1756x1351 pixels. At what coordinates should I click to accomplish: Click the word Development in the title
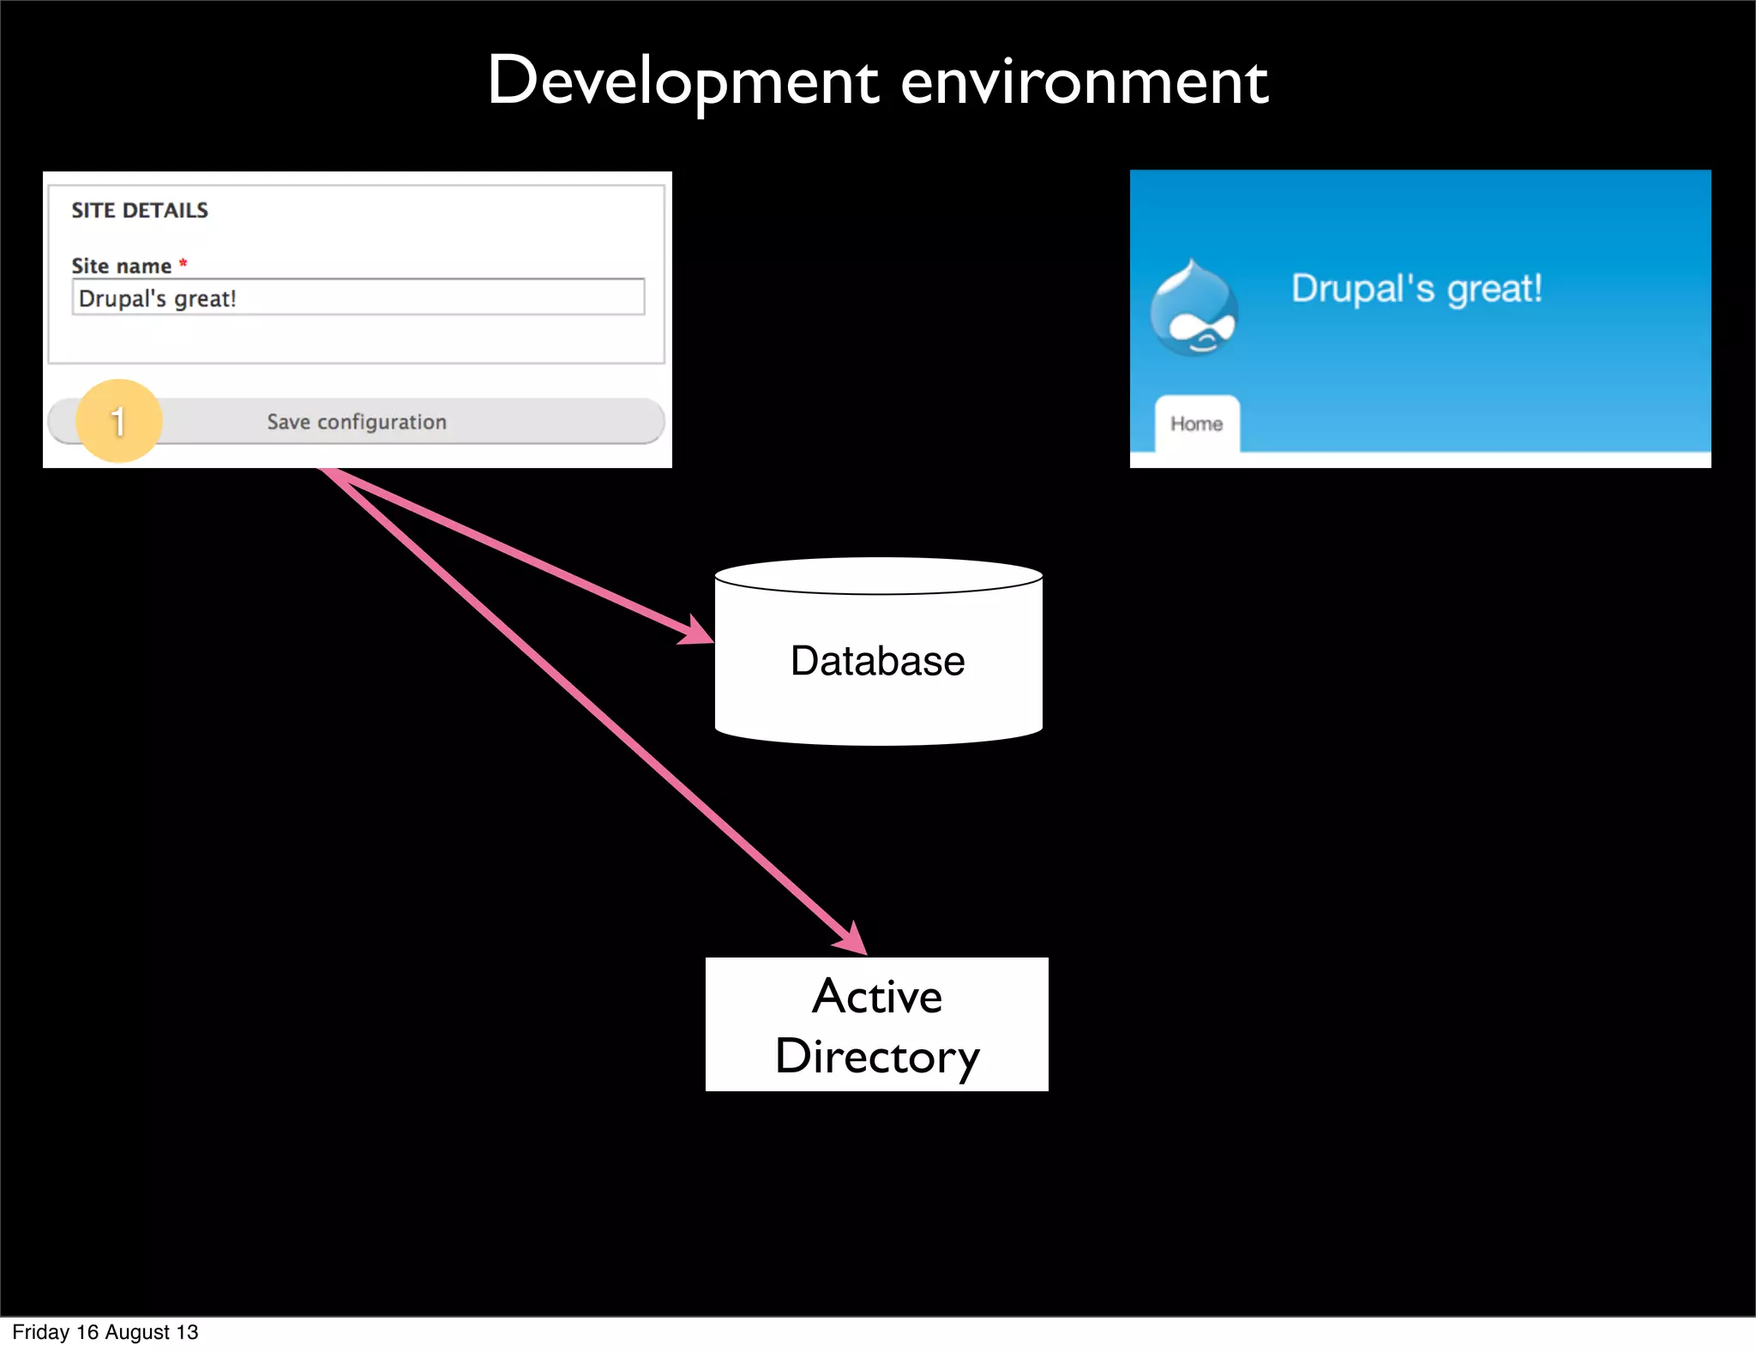pos(683,82)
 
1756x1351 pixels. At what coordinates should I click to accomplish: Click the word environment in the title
pos(1084,84)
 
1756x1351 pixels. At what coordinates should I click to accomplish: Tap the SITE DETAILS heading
pos(140,211)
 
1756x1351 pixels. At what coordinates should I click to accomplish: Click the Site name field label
pos(121,267)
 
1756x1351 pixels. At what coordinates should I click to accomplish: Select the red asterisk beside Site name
pos(183,263)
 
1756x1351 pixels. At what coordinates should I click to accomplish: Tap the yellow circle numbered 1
pos(119,421)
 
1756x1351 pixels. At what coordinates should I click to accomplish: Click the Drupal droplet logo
pos(1194,309)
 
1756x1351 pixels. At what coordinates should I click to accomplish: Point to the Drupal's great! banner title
pos(1416,289)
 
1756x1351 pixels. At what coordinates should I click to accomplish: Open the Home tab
pos(1196,423)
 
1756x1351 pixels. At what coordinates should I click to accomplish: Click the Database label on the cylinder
pos(877,661)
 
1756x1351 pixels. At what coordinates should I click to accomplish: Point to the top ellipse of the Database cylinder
pos(878,576)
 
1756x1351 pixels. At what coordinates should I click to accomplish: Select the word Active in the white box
pos(877,997)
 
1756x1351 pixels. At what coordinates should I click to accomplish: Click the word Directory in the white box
pos(877,1056)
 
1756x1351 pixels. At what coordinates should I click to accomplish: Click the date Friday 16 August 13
pos(105,1332)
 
